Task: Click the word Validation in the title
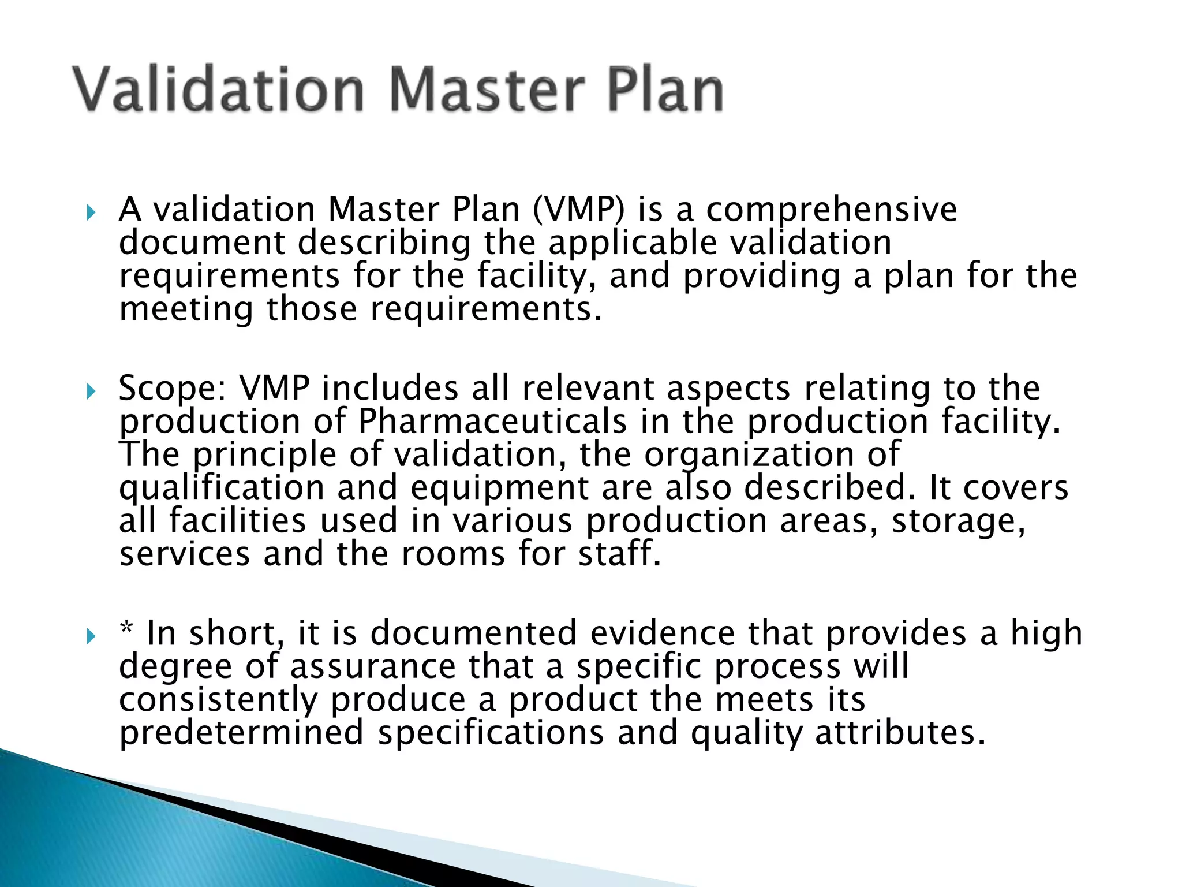[x=218, y=90]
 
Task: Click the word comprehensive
[x=831, y=210]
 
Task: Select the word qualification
[x=222, y=489]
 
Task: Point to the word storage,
[x=959, y=521]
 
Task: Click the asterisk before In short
[x=126, y=629]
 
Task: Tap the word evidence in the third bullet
[x=662, y=633]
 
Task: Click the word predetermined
[x=241, y=733]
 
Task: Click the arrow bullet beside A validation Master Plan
[x=90, y=214]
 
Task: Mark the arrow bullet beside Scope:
[x=90, y=393]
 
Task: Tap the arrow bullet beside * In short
[x=90, y=638]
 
